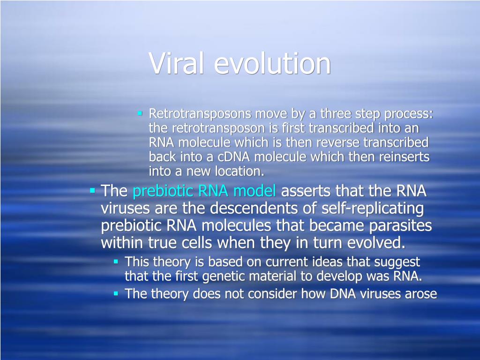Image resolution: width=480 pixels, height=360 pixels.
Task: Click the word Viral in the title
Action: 176,63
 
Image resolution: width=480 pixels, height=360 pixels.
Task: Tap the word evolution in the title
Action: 272,63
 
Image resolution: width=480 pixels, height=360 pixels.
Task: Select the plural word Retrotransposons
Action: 200,114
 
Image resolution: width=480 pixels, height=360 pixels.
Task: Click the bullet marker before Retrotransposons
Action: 140,113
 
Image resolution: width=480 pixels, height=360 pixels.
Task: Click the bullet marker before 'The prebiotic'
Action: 92,191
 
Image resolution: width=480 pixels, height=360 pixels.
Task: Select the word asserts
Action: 306,191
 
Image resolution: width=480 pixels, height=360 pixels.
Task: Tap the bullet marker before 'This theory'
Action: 116,262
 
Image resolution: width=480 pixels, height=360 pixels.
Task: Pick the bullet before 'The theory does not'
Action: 116,293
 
